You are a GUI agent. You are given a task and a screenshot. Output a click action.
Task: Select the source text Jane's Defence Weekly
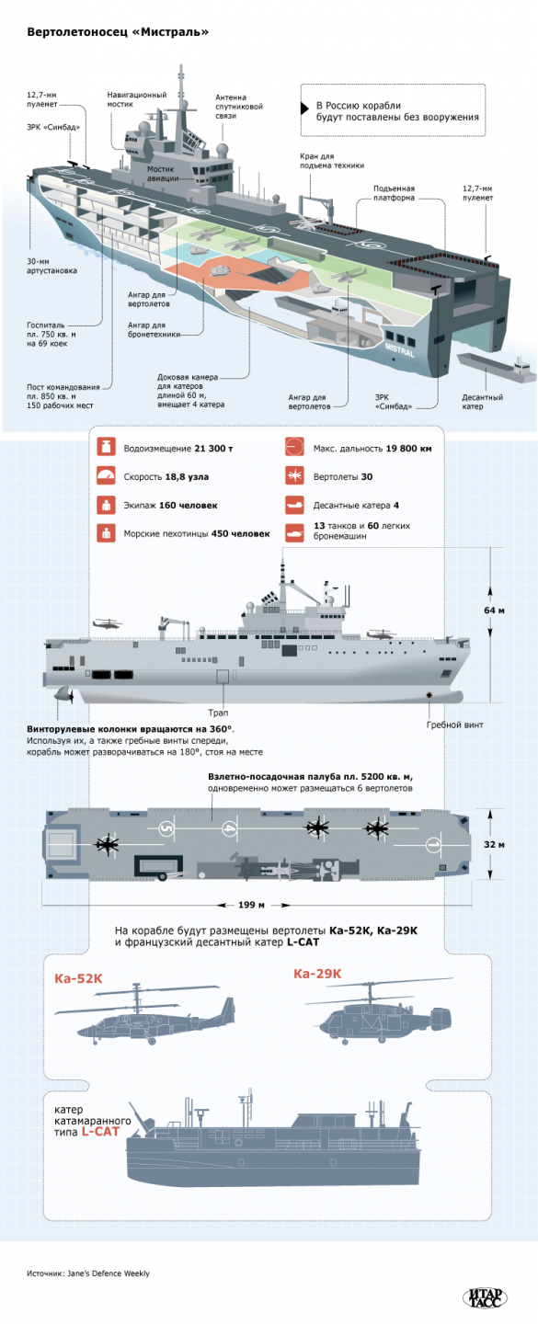(87, 1273)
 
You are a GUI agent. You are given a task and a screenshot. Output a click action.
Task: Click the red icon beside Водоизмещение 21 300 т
(107, 447)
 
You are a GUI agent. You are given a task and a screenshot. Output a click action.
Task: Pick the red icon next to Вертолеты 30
(294, 476)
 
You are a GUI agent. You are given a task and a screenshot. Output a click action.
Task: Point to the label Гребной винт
(454, 725)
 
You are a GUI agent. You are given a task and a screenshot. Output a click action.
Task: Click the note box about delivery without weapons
(394, 110)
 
